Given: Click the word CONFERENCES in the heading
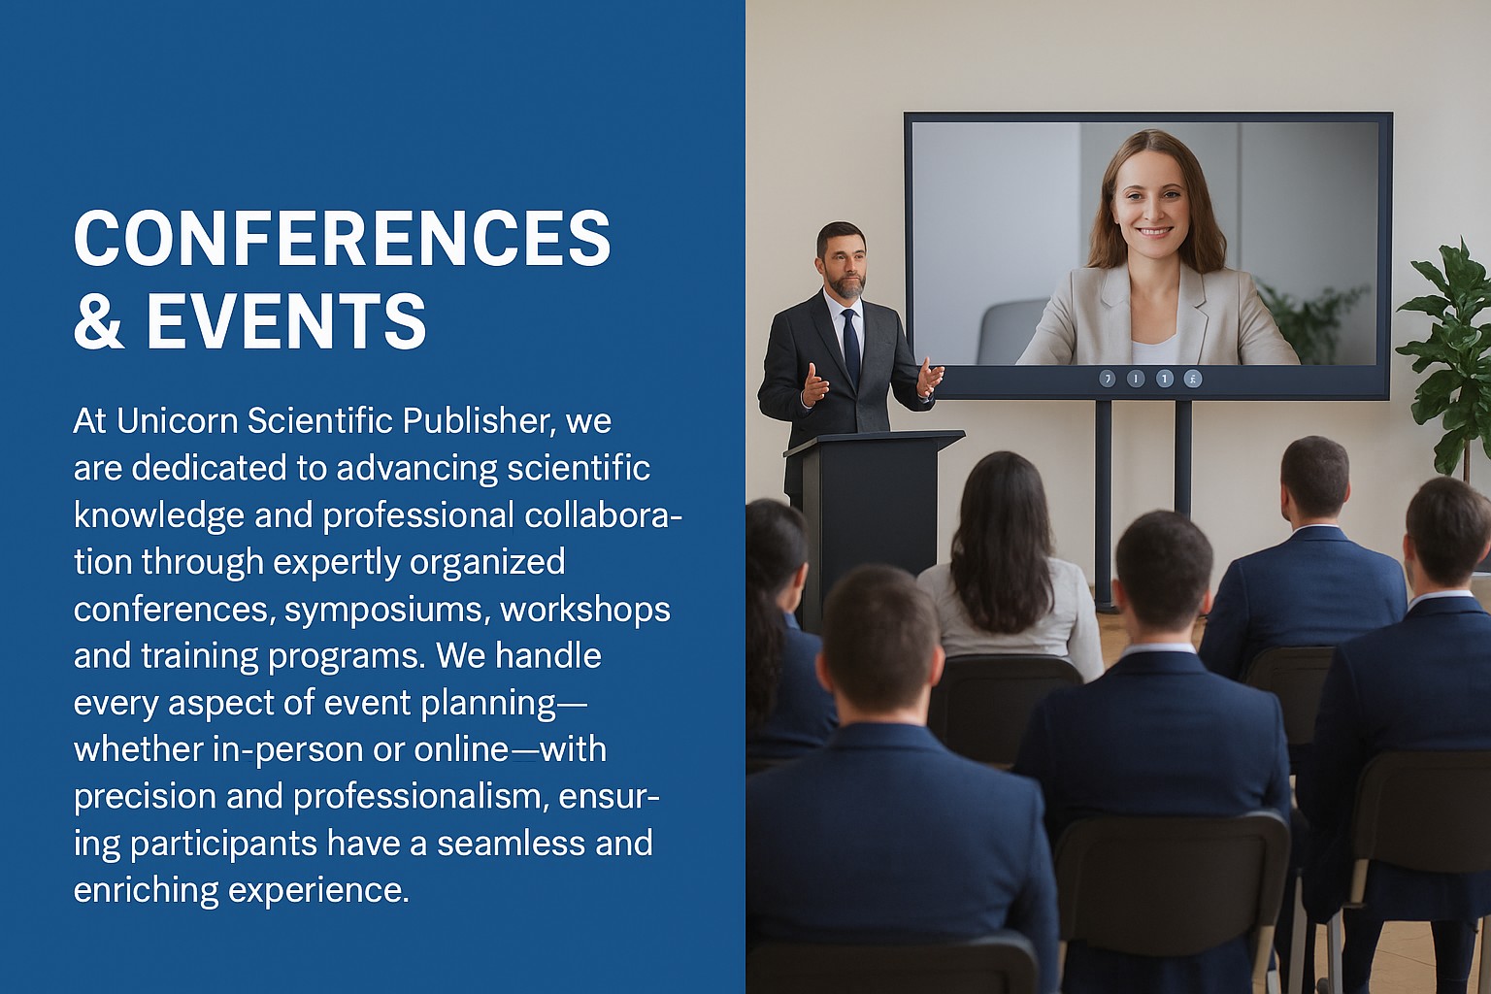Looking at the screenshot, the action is coord(342,238).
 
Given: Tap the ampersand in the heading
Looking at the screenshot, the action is coord(98,321).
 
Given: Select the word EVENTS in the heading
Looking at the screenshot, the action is coord(286,321).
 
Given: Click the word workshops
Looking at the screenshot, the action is coord(585,609).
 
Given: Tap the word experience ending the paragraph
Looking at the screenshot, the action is coord(318,891).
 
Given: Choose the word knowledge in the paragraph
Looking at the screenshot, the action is coord(159,516).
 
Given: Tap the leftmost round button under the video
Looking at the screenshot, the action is coord(1107,379).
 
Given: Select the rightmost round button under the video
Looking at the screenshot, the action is coord(1192,379).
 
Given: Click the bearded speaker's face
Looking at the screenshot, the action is coord(843,262).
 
